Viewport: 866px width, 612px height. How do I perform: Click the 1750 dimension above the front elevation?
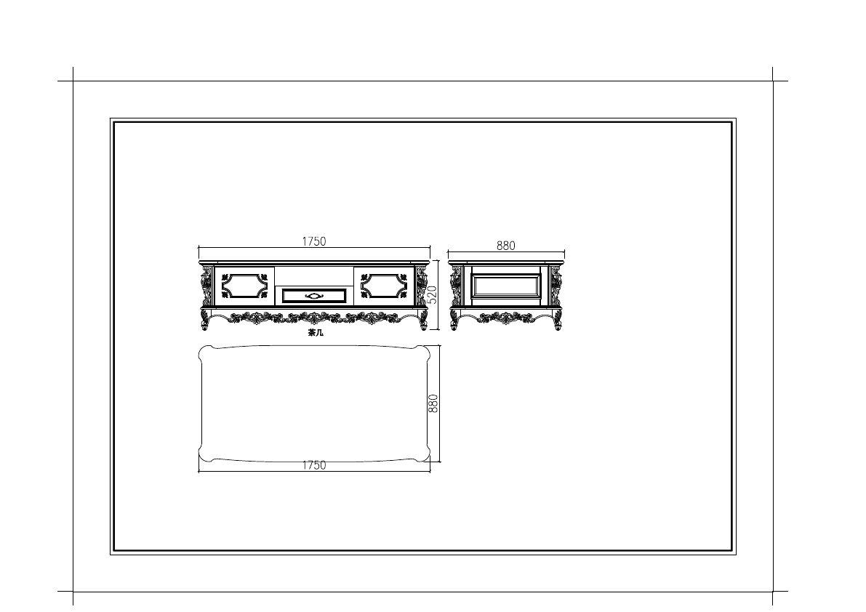pyautogui.click(x=313, y=241)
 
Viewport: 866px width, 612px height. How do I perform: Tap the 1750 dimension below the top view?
pyautogui.click(x=313, y=465)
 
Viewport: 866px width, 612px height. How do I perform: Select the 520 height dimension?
pyautogui.click(x=433, y=294)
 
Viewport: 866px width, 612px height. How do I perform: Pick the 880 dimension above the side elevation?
pyautogui.click(x=505, y=246)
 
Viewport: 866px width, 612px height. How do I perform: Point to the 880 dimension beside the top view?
pyautogui.click(x=433, y=403)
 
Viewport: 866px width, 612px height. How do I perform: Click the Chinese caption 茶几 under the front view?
pyautogui.click(x=316, y=333)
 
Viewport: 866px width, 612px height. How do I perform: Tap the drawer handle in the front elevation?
pyautogui.click(x=314, y=296)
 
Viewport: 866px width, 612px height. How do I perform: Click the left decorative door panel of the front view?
pyautogui.click(x=244, y=286)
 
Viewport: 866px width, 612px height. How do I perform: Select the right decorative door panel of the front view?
pyautogui.click(x=384, y=286)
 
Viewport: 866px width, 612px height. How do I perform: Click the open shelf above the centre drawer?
pyautogui.click(x=313, y=276)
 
